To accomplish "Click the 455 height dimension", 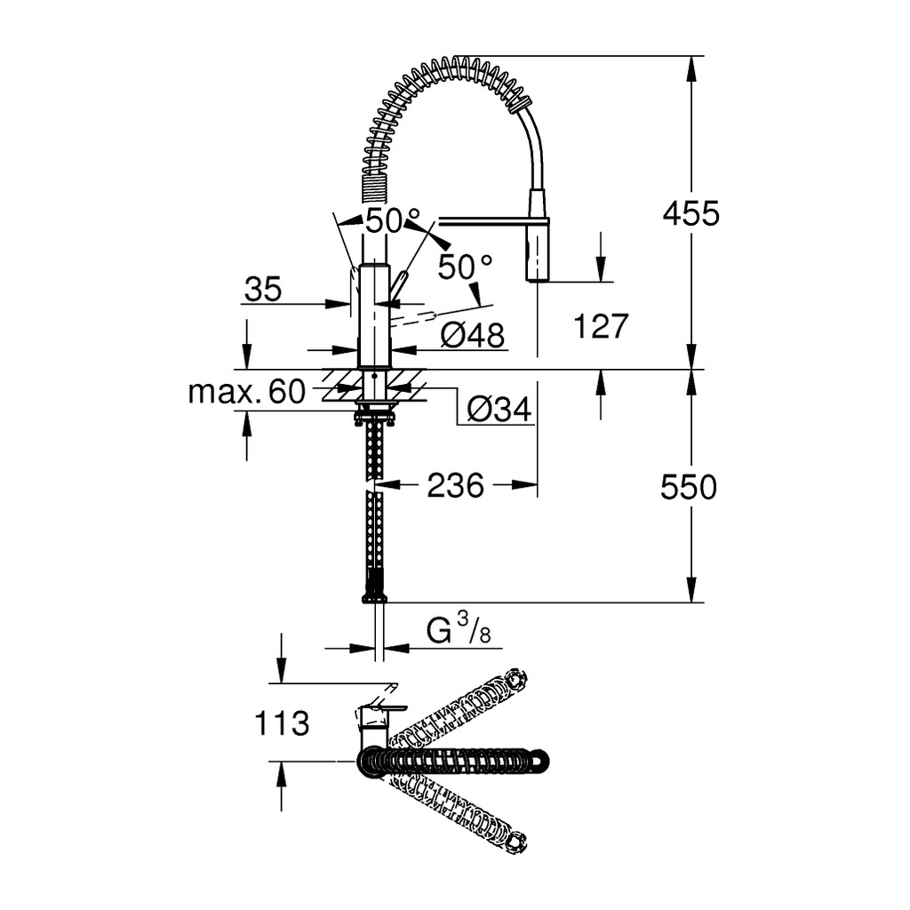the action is click(x=690, y=213).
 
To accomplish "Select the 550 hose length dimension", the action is click(x=689, y=486).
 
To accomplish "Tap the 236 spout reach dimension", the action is click(x=456, y=485).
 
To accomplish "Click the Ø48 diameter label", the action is click(x=473, y=335).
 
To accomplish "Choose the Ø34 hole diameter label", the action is click(x=499, y=409).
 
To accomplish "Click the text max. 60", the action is click(x=247, y=391).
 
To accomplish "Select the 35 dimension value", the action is click(x=263, y=289).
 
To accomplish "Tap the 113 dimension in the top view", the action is click(x=282, y=723).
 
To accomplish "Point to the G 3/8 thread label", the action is click(x=459, y=630).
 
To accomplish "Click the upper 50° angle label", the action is click(x=392, y=220).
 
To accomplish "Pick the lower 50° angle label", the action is click(x=465, y=267).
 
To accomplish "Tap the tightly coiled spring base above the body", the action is click(x=373, y=187).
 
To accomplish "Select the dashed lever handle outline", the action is click(x=412, y=319).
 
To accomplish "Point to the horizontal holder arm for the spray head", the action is click(x=493, y=220).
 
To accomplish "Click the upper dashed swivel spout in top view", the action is click(x=459, y=705).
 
